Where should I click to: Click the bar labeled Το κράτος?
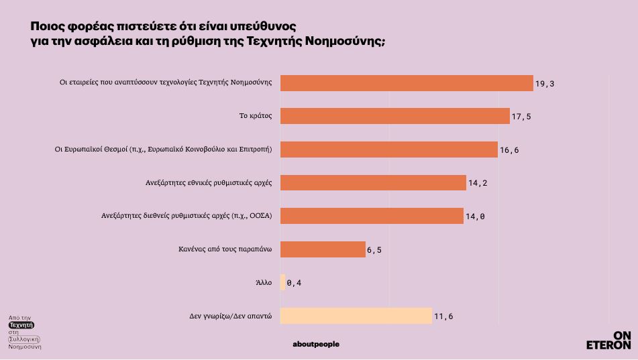(394, 116)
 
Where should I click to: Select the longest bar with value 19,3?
(406, 83)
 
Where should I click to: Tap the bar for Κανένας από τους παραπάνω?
(322, 249)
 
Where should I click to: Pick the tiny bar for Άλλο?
(282, 282)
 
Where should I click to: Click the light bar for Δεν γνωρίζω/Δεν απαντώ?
(356, 316)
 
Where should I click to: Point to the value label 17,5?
(521, 117)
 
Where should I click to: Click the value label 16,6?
(509, 150)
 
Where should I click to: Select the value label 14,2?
(478, 183)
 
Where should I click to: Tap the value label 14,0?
(475, 217)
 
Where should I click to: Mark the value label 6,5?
(374, 250)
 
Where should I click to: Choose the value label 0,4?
(293, 283)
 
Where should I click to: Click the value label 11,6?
(443, 316)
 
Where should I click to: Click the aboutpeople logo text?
(316, 345)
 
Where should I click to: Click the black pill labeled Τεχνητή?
(21, 324)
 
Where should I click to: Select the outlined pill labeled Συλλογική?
(24, 339)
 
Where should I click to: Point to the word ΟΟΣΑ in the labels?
(258, 216)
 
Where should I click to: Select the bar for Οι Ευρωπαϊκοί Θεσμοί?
(388, 149)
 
